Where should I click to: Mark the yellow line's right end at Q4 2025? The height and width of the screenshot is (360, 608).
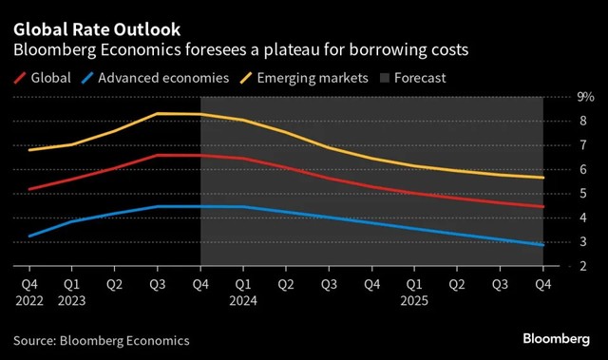[x=542, y=178]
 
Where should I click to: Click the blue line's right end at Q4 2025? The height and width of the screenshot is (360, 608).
[x=542, y=245]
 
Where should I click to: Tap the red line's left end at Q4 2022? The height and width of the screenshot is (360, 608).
[x=29, y=189]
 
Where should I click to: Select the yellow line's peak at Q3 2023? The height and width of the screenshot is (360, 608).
[x=157, y=113]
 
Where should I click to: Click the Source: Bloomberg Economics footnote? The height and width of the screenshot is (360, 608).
[x=101, y=340]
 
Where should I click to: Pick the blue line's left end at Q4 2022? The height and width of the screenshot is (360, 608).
[x=29, y=236]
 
